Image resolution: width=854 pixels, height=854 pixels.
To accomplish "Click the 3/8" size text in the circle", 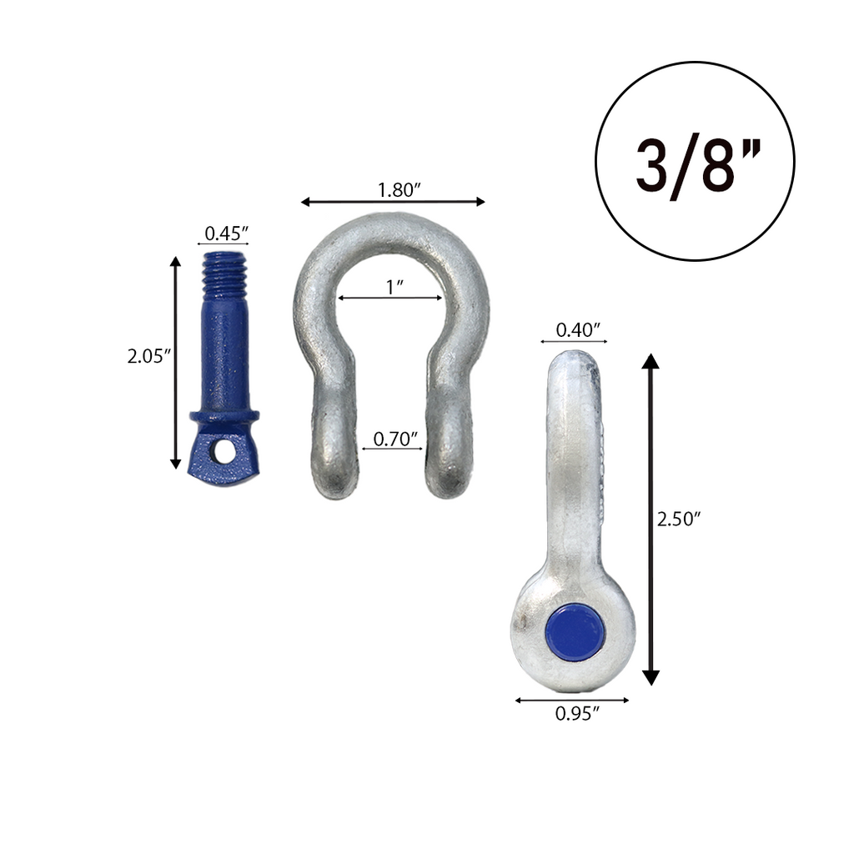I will click(694, 163).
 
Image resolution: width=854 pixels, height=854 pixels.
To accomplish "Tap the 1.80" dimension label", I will click(397, 189).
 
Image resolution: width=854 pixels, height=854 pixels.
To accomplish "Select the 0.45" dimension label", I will click(223, 233).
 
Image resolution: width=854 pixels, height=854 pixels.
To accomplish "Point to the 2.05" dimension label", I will click(149, 357).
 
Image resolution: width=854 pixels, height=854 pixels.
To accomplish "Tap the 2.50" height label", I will click(678, 519).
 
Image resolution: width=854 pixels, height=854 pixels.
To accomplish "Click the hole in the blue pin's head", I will click(224, 451).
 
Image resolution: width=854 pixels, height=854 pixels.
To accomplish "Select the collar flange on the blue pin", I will click(224, 414).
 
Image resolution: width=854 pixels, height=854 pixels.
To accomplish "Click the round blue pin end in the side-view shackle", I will click(575, 632).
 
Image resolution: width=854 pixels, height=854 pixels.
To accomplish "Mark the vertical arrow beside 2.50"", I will click(651, 519).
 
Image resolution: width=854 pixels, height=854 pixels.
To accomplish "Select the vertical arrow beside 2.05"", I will click(175, 363).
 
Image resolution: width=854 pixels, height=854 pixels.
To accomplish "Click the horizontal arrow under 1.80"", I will click(392, 201).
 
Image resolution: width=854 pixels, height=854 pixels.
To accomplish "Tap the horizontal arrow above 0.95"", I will click(572, 700).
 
